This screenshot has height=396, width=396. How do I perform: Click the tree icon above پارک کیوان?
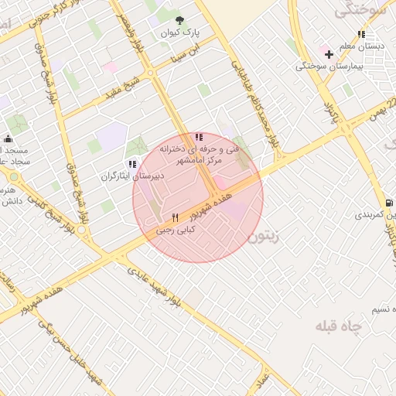[x=180, y=21]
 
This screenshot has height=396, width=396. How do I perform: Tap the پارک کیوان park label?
[x=180, y=34]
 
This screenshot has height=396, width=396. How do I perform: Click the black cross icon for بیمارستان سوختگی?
[x=329, y=54]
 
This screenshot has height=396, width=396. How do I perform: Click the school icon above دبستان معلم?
[x=361, y=34]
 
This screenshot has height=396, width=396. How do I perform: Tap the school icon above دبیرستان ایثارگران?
[x=132, y=164]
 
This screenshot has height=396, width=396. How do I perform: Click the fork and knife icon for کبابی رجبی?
[x=176, y=217]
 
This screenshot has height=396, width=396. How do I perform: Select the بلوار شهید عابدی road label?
[x=163, y=287]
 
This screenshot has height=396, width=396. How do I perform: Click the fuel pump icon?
[x=389, y=202]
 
